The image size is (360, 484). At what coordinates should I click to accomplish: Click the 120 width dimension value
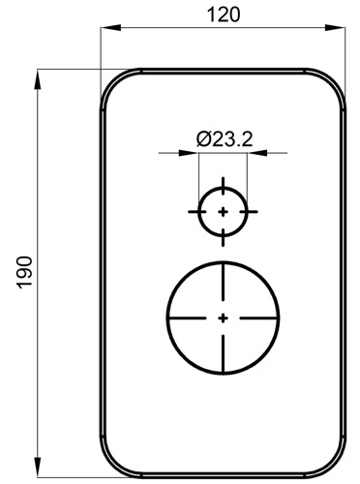(224, 15)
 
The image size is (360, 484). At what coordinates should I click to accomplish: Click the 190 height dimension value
(25, 272)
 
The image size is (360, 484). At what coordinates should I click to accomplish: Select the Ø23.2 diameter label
(225, 139)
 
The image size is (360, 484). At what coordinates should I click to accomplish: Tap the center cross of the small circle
(223, 212)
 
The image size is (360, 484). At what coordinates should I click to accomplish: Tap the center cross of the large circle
(223, 318)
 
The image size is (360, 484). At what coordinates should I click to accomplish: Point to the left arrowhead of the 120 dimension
(110, 27)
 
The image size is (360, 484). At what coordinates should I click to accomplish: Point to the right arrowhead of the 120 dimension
(335, 27)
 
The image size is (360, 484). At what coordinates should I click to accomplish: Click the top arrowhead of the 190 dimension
(38, 79)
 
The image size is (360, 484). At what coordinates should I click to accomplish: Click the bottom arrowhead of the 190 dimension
(38, 467)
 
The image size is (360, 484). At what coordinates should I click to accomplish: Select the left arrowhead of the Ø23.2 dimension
(189, 153)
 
